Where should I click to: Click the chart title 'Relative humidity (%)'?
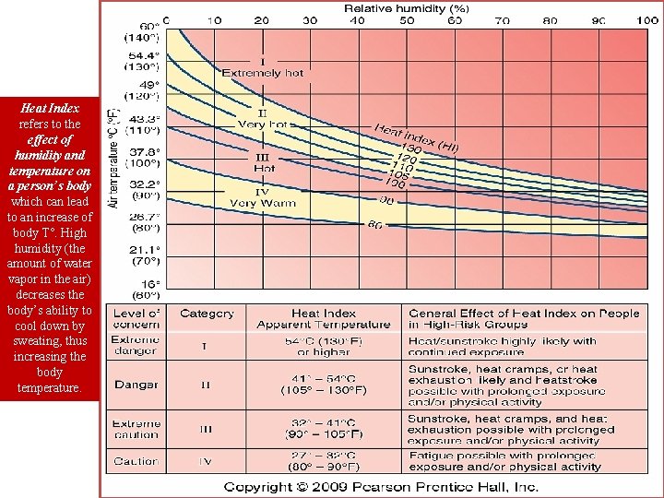(407, 7)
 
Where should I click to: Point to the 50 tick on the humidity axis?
(407, 20)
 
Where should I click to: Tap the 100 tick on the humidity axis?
(646, 20)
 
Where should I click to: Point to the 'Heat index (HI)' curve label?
(417, 137)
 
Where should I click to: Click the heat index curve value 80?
(375, 225)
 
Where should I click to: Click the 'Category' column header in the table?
(207, 314)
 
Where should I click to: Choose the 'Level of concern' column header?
(136, 319)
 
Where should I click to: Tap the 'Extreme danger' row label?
(136, 346)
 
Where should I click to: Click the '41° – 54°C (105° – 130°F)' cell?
(323, 384)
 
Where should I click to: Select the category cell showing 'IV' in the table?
(207, 460)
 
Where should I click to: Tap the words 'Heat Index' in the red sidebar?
(49, 108)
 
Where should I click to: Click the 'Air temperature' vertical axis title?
(113, 157)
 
